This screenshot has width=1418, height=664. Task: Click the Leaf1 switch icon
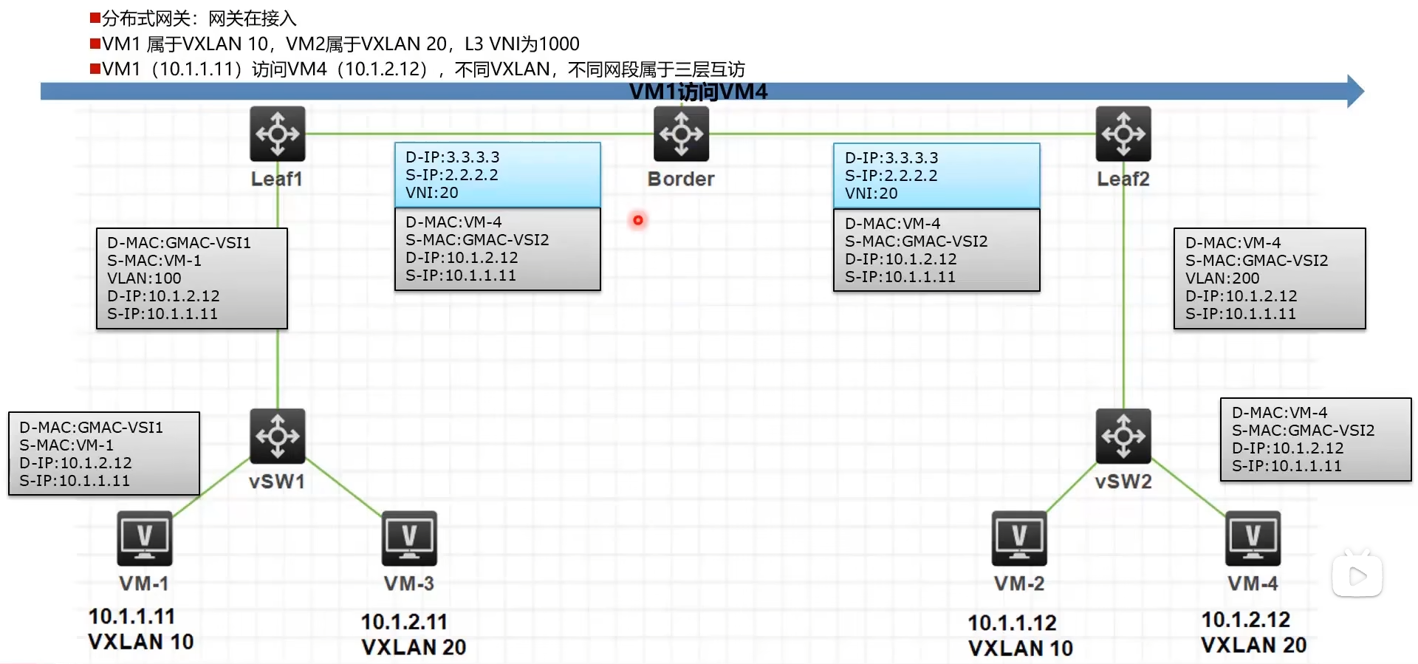(277, 134)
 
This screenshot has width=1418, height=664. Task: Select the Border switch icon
(681, 134)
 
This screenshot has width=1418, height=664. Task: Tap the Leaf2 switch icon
(1123, 134)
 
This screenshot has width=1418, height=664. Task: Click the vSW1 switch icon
(277, 436)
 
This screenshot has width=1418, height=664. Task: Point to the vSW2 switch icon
(1123, 436)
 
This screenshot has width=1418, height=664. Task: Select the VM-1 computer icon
(145, 538)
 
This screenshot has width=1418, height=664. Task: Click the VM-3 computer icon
(409, 538)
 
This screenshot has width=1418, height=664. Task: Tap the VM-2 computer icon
(1019, 538)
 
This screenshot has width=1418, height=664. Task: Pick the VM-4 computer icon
(1253, 538)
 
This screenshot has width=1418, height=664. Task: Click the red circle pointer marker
(638, 220)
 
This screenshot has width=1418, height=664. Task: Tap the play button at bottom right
(1357, 576)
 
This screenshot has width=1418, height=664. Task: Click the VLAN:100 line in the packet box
(144, 278)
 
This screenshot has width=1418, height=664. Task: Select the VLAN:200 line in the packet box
(1222, 278)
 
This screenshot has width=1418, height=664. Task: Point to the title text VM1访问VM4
(698, 92)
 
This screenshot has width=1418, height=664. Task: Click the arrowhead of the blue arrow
(1354, 92)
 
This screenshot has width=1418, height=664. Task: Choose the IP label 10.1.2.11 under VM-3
(404, 622)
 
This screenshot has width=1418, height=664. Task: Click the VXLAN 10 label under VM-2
(1020, 648)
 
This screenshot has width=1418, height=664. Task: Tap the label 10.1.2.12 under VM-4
(1245, 619)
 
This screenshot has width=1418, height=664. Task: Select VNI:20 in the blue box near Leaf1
(432, 193)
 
